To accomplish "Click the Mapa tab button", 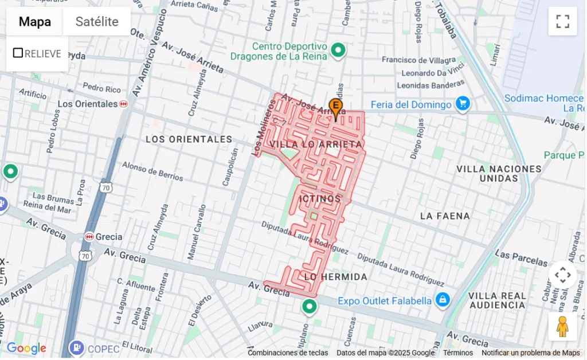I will tap(34, 22).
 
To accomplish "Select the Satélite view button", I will tap(97, 22).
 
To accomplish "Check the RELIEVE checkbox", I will tap(18, 53).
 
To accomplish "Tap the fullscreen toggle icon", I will tap(562, 22).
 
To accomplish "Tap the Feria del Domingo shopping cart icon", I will tap(463, 104).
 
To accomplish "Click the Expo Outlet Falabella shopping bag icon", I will tap(442, 300).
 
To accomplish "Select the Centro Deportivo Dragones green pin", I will tap(338, 50).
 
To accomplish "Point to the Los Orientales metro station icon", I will tap(124, 104).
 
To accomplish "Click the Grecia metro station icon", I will tap(89, 237).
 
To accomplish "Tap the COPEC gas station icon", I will tap(76, 347).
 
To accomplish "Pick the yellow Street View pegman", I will tap(562, 327).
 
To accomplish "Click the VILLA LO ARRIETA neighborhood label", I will tap(316, 144).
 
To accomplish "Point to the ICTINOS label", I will tap(320, 198).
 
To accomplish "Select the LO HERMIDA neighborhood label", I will tap(335, 277).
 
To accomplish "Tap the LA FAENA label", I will tap(445, 216).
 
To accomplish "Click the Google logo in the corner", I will tap(26, 348).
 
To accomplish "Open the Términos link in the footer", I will tap(457, 353).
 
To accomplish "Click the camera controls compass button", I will tap(562, 275).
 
